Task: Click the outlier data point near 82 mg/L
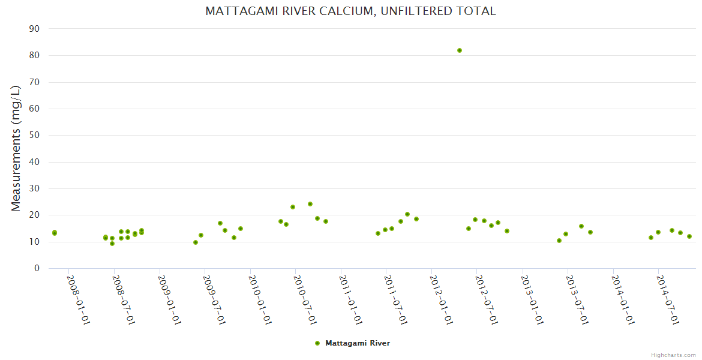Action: (x=460, y=50)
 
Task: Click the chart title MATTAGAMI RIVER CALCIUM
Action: (x=350, y=11)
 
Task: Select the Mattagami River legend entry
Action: (x=358, y=343)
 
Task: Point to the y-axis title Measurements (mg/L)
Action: (x=16, y=148)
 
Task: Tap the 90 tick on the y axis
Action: (x=34, y=29)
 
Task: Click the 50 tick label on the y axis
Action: (x=34, y=135)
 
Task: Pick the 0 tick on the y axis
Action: (x=37, y=269)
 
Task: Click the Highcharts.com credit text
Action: (x=673, y=355)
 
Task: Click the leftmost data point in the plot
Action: (x=55, y=233)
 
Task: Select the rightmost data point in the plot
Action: (x=689, y=236)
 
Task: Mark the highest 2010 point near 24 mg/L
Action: (x=310, y=204)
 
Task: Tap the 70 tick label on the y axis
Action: (x=34, y=82)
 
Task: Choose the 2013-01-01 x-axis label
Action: (x=532, y=299)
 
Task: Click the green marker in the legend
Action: (x=317, y=343)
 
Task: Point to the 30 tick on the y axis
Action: (x=34, y=188)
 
